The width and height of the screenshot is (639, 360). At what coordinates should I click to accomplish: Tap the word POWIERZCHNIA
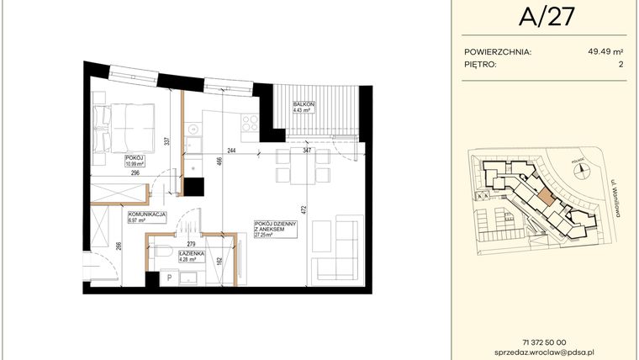pyautogui.click(x=498, y=51)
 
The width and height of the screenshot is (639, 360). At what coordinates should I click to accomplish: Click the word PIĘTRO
pyautogui.click(x=480, y=64)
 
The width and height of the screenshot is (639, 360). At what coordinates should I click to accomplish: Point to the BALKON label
pyautogui.click(x=304, y=104)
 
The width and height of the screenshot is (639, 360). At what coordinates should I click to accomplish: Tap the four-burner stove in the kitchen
pyautogui.click(x=251, y=123)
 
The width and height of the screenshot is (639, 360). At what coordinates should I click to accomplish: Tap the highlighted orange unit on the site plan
pyautogui.click(x=546, y=198)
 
